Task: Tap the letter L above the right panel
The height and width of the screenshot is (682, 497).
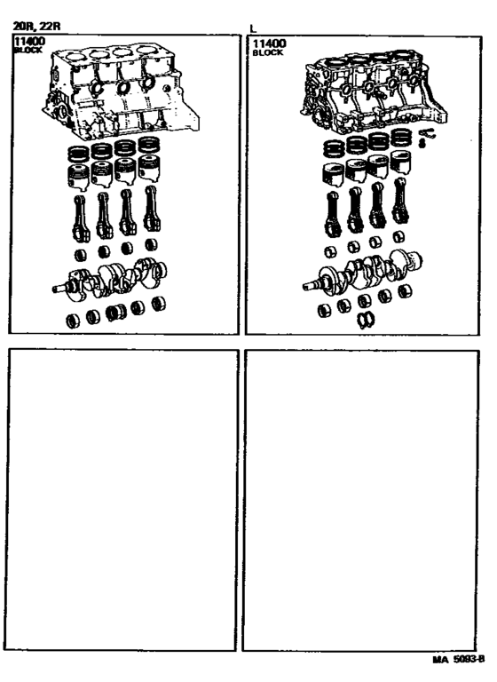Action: click(254, 28)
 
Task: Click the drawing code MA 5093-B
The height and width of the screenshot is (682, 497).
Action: click(458, 661)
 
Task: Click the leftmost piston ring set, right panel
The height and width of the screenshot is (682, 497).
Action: click(333, 147)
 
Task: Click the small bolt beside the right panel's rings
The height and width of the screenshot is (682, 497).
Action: click(424, 136)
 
